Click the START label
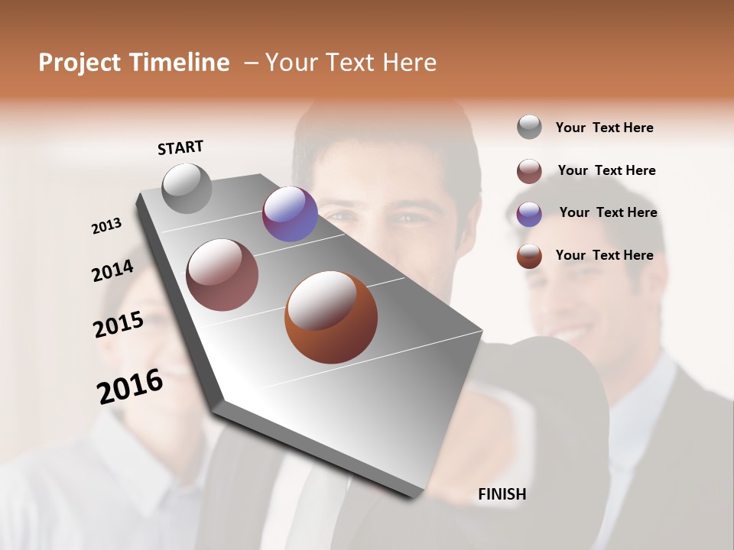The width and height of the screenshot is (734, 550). tap(180, 147)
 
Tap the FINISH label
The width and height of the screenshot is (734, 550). tap(502, 494)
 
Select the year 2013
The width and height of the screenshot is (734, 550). tap(106, 226)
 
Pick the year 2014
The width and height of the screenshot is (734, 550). tap(112, 271)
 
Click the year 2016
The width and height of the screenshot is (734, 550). tap(130, 387)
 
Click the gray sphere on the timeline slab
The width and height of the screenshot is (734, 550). tap(187, 188)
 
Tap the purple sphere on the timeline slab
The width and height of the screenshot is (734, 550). tap(290, 214)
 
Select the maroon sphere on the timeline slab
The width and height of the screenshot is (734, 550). tap(222, 275)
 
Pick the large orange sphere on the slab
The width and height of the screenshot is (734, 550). tap(331, 317)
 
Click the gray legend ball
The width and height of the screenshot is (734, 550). tap(529, 127)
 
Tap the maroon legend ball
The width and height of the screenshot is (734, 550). tap(529, 171)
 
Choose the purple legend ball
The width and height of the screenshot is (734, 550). tap(529, 214)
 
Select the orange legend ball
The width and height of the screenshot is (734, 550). tap(529, 256)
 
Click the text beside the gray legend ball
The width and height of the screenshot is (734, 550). tap(604, 128)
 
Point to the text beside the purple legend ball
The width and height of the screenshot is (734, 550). tap(608, 212)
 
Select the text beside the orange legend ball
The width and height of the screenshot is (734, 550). tap(604, 255)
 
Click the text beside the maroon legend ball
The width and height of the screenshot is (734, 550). tap(606, 170)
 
